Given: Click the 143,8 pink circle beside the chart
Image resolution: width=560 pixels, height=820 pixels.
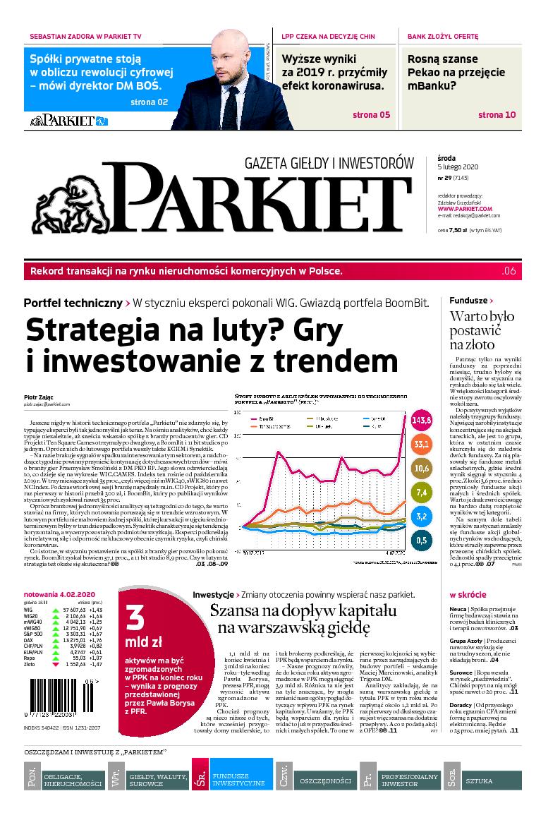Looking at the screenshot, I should pyautogui.click(x=421, y=421).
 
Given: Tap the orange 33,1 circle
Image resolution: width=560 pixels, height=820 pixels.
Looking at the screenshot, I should pyautogui.click(x=422, y=445).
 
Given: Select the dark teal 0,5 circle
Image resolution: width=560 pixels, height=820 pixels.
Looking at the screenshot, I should pyautogui.click(x=421, y=541).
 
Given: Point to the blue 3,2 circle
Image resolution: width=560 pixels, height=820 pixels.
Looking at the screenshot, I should pyautogui.click(x=421, y=516).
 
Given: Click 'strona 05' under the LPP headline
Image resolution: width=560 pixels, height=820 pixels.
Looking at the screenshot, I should pyautogui.click(x=371, y=114).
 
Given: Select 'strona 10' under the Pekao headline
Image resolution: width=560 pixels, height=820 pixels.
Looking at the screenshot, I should pyautogui.click(x=497, y=114).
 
